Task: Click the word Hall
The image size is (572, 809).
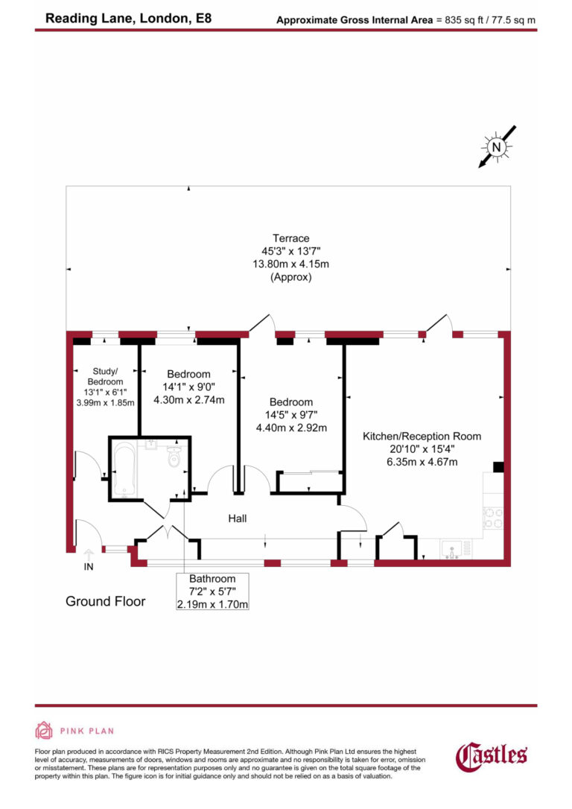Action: click(x=238, y=518)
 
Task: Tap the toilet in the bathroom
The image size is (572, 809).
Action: click(x=175, y=458)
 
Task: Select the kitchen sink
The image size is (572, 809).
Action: click(x=451, y=550)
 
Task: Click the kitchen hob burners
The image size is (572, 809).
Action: click(x=493, y=518)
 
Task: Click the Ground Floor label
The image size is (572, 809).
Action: click(x=105, y=601)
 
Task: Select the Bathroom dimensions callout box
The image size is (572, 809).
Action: click(x=212, y=591)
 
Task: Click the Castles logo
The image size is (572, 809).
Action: click(x=492, y=756)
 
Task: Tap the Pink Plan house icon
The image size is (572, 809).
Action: click(x=45, y=730)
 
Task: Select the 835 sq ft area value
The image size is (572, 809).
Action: click(x=465, y=20)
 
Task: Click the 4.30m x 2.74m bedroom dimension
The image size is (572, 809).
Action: click(x=188, y=400)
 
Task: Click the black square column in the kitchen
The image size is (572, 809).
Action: click(x=498, y=467)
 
